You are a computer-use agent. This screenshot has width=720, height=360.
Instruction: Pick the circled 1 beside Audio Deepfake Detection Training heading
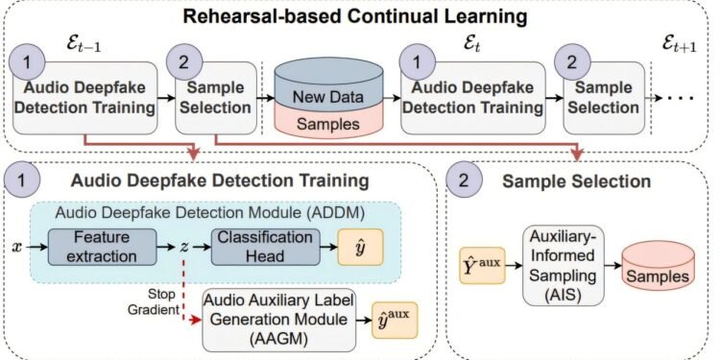coord(30,179)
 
